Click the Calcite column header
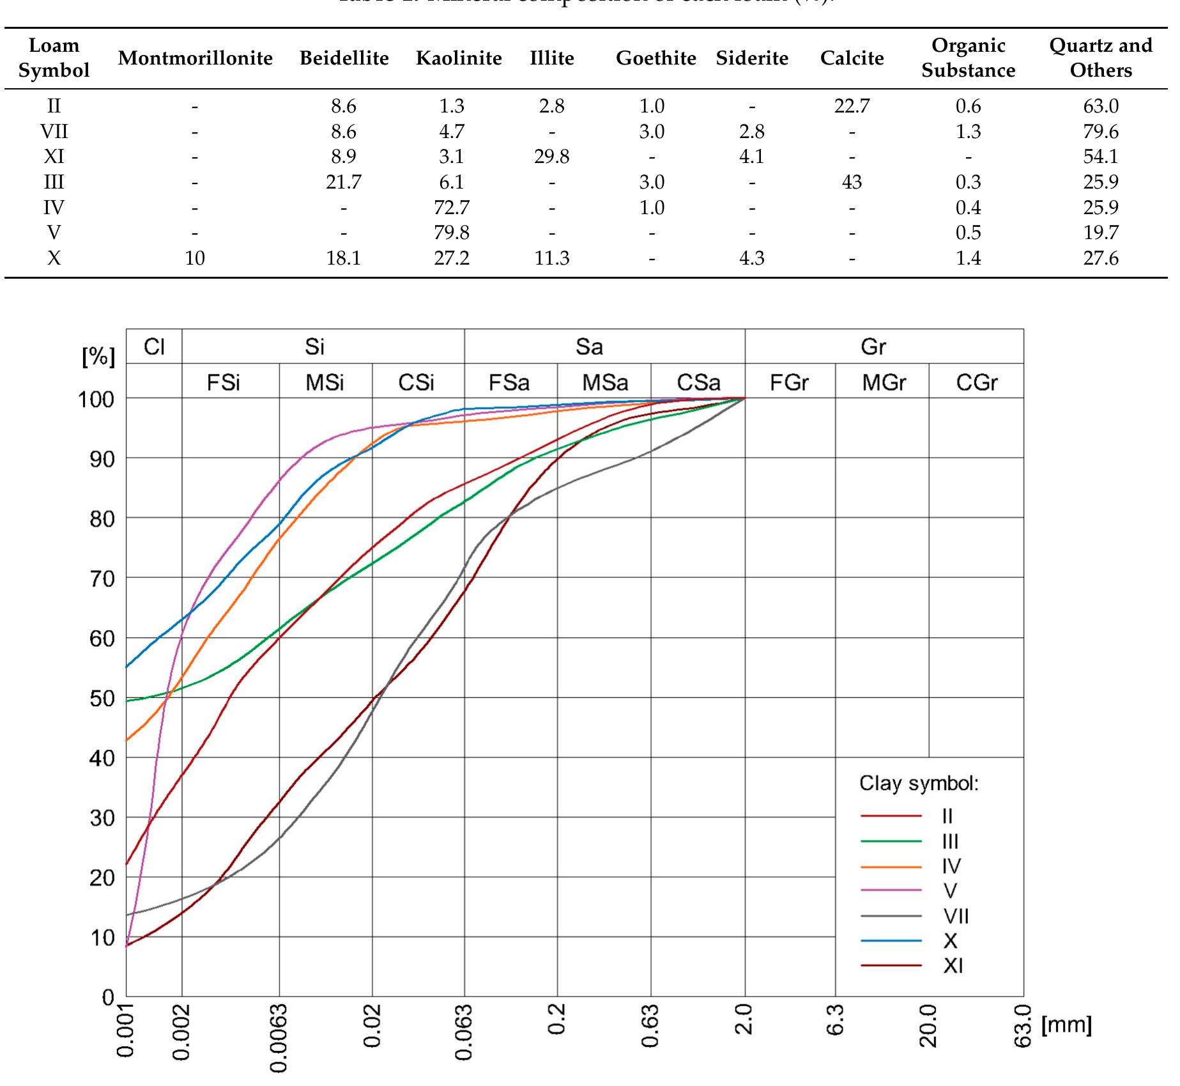pyautogui.click(x=852, y=58)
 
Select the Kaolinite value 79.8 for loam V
pyautogui.click(x=452, y=233)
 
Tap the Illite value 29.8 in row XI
pyautogui.click(x=551, y=157)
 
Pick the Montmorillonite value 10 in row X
pyautogui.click(x=195, y=258)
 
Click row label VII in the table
pyautogui.click(x=54, y=132)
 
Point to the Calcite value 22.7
pyautogui.click(x=852, y=106)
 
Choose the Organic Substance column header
pyautogui.click(x=968, y=58)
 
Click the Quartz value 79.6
pyautogui.click(x=1100, y=132)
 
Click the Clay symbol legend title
pyautogui.click(x=918, y=783)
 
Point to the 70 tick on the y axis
pyautogui.click(x=101, y=578)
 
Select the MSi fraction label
pyautogui.click(x=325, y=382)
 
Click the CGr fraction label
pyautogui.click(x=976, y=382)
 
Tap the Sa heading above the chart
pyautogui.click(x=588, y=346)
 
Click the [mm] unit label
pyautogui.click(x=1066, y=1025)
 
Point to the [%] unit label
pyautogui.click(x=98, y=357)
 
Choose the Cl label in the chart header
pyautogui.click(x=154, y=346)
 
